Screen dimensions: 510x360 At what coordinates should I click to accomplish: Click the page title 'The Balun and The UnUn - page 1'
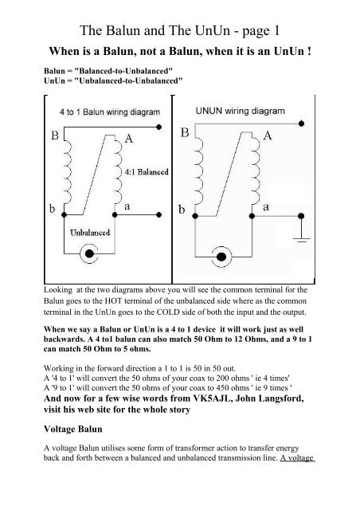(180, 17)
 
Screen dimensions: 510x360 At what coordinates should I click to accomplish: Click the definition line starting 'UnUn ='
(112, 80)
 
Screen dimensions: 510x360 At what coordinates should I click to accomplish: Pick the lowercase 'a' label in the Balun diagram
(127, 206)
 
